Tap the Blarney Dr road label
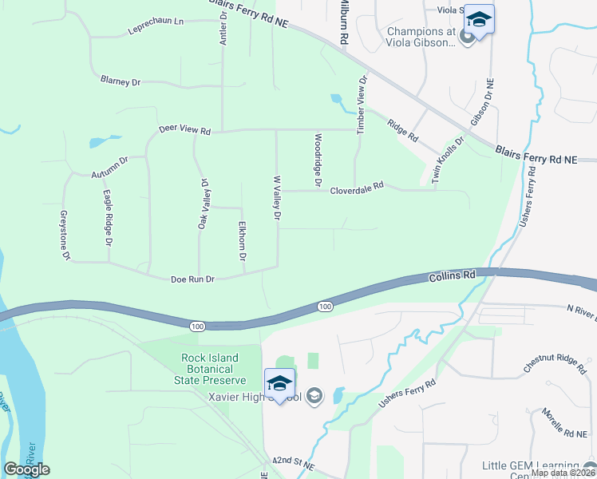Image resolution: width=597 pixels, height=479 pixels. point(120,81)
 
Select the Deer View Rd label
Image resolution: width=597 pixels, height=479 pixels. point(184,129)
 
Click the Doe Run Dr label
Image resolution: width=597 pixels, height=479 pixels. point(192,279)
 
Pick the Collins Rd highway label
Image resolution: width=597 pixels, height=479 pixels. point(452,275)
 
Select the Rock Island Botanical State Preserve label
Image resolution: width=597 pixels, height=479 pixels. point(209,369)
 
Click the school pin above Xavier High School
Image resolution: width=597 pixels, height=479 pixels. point(280,384)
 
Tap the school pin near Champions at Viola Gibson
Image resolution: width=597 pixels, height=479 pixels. point(479,20)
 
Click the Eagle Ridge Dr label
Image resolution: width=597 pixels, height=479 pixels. point(107,217)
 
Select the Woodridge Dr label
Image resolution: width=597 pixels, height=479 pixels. point(317,160)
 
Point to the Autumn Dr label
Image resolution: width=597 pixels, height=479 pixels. point(109,168)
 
